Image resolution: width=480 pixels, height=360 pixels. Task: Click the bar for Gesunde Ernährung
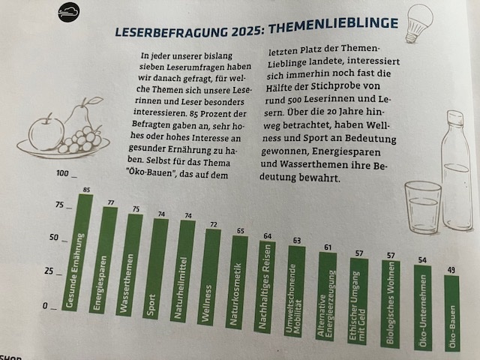point(77,253)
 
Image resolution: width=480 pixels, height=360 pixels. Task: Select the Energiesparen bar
point(103,260)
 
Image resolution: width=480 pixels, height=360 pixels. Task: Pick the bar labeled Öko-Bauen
point(451,313)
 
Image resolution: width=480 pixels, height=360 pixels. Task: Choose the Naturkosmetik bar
point(237,283)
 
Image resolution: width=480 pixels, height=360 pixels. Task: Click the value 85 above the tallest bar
point(87,190)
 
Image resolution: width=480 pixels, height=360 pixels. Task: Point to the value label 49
point(451,270)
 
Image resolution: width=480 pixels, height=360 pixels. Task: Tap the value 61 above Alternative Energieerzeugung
point(328,247)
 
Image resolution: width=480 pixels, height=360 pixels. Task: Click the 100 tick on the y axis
point(62,173)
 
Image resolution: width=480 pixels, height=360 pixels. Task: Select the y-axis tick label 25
point(49,271)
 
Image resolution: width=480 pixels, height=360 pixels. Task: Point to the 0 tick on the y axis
point(45,306)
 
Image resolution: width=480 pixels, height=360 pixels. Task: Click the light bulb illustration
point(418,23)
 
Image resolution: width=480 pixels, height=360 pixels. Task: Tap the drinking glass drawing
point(423,207)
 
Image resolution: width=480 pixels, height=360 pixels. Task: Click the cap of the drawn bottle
point(455,118)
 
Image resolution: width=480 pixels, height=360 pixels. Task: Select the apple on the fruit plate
point(46,133)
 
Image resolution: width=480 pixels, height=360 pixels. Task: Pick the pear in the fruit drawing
point(81,115)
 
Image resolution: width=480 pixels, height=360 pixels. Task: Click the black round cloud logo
point(68,12)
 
